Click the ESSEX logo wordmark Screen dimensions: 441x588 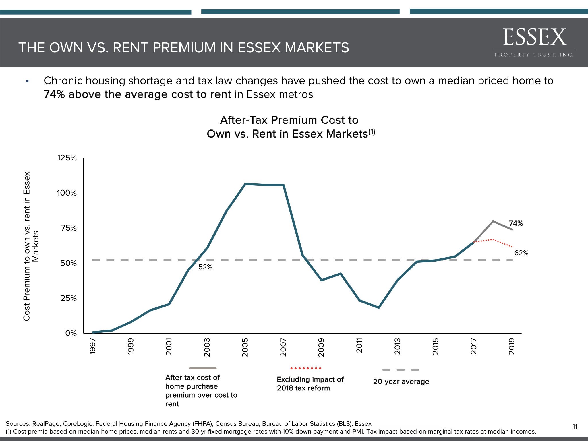click(x=535, y=37)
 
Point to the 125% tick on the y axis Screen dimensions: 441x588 click(x=67, y=158)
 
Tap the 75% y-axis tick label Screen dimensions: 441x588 click(x=69, y=228)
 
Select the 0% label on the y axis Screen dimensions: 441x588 click(x=71, y=333)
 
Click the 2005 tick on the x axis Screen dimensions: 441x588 click(x=245, y=347)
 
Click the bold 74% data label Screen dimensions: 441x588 click(x=516, y=223)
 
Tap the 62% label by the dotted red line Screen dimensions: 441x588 click(x=521, y=253)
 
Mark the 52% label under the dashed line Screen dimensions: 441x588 click(x=205, y=267)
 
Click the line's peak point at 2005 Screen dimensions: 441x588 click(x=245, y=184)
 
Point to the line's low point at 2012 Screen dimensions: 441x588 click(x=379, y=307)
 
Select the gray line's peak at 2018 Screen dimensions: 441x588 click(x=493, y=221)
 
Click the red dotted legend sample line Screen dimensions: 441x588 click(x=306, y=368)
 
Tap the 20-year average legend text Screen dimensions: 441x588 click(x=401, y=382)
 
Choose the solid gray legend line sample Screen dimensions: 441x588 click(x=203, y=368)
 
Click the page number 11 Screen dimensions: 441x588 click(x=575, y=427)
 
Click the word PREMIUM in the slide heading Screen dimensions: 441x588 click(x=183, y=48)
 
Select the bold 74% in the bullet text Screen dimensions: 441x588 click(x=54, y=94)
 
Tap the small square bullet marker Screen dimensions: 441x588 click(x=27, y=81)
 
